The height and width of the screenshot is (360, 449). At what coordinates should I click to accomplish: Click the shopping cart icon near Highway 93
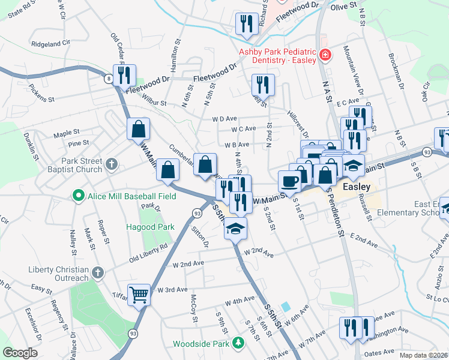tap(139, 294)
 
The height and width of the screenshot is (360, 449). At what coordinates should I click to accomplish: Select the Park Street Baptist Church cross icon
tap(111, 164)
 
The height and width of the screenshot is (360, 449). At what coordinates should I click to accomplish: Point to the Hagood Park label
tap(150, 227)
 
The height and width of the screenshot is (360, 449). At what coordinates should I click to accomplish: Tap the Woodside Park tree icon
tap(239, 343)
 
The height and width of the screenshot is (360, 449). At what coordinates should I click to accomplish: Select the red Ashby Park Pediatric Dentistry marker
tap(325, 55)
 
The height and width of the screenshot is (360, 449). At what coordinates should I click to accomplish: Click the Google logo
tap(20, 353)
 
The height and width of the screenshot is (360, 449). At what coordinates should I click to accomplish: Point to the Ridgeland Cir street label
tap(51, 44)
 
